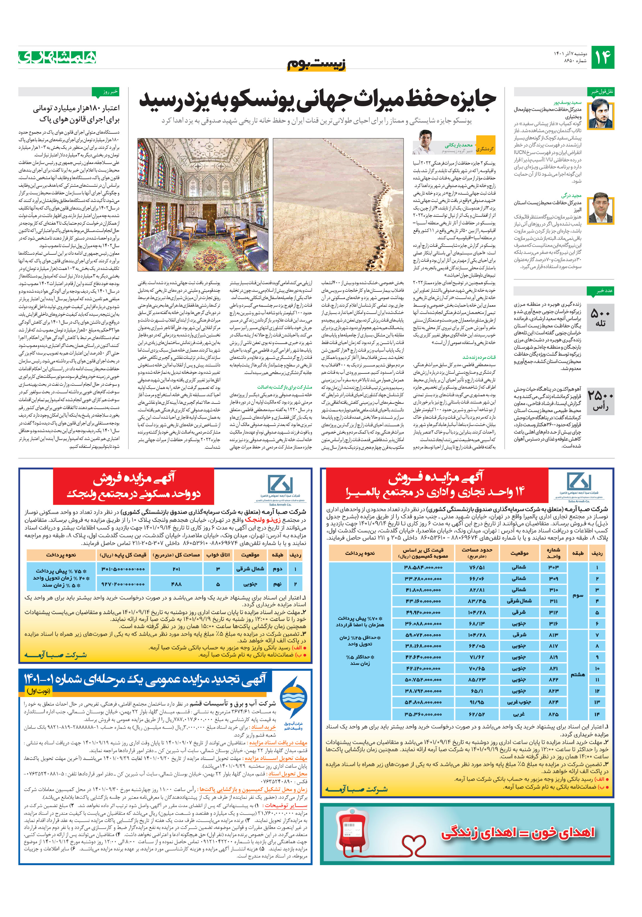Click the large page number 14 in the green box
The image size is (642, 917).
(602, 57)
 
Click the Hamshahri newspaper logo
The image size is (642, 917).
(57, 57)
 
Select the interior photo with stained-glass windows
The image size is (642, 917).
(203, 205)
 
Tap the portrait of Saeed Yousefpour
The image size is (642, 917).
(601, 113)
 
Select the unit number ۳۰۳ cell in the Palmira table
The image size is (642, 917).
(553, 567)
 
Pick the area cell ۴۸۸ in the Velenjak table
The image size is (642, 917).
(176, 584)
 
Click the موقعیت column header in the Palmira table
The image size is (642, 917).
(519, 553)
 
